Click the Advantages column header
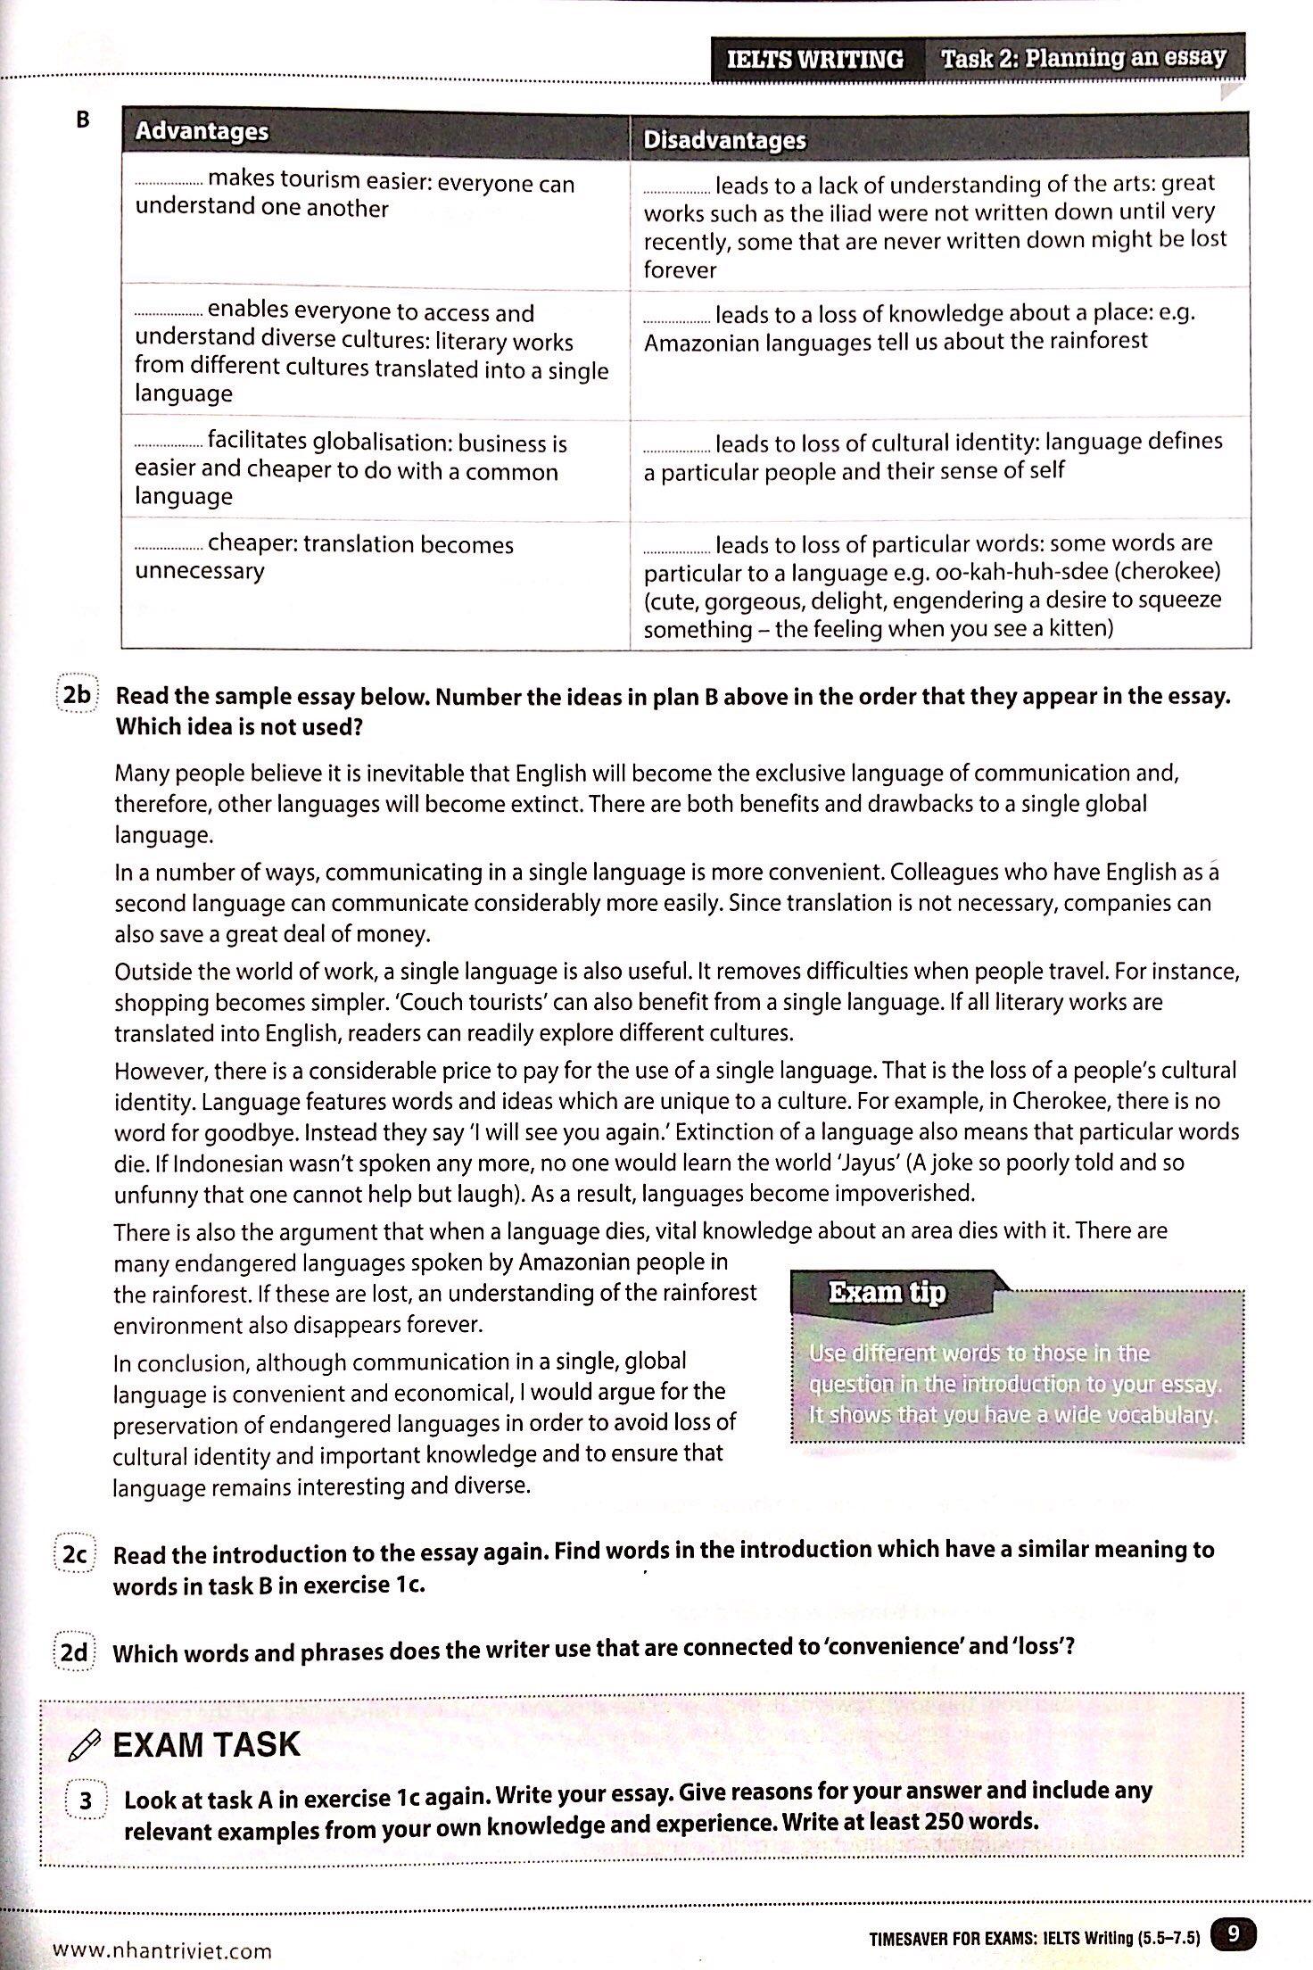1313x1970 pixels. coord(202,131)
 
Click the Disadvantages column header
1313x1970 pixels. coord(724,140)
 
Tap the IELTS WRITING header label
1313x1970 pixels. coord(814,60)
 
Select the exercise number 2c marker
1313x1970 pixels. coord(74,1553)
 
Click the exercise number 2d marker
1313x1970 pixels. coord(74,1652)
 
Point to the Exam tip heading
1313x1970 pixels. coord(887,1293)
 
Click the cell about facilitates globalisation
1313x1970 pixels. coord(375,469)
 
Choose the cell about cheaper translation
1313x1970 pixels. coord(375,557)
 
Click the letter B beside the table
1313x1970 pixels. coord(83,120)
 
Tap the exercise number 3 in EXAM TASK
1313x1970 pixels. coord(86,1800)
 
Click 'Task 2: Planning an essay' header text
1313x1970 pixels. coord(1084,58)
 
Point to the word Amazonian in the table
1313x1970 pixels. coord(701,343)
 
